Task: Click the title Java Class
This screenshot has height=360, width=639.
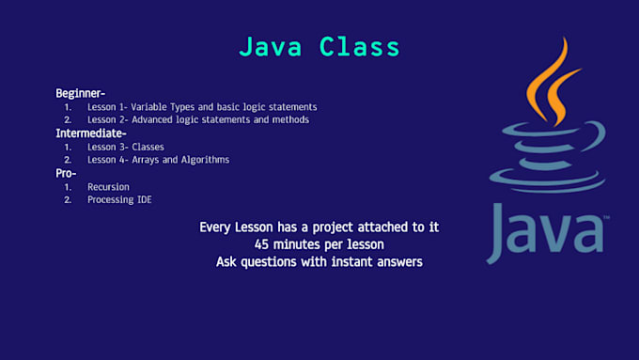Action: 319,46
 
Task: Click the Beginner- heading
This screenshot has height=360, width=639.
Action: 80,93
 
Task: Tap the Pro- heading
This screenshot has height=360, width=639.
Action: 67,173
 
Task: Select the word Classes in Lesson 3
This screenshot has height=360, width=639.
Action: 148,147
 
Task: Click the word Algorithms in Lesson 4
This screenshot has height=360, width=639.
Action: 202,160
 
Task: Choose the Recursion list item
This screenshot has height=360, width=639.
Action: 108,187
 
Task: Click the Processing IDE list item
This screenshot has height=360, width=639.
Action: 118,200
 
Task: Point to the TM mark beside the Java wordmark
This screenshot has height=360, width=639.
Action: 607,217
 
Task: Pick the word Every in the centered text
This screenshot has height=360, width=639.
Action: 217,227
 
